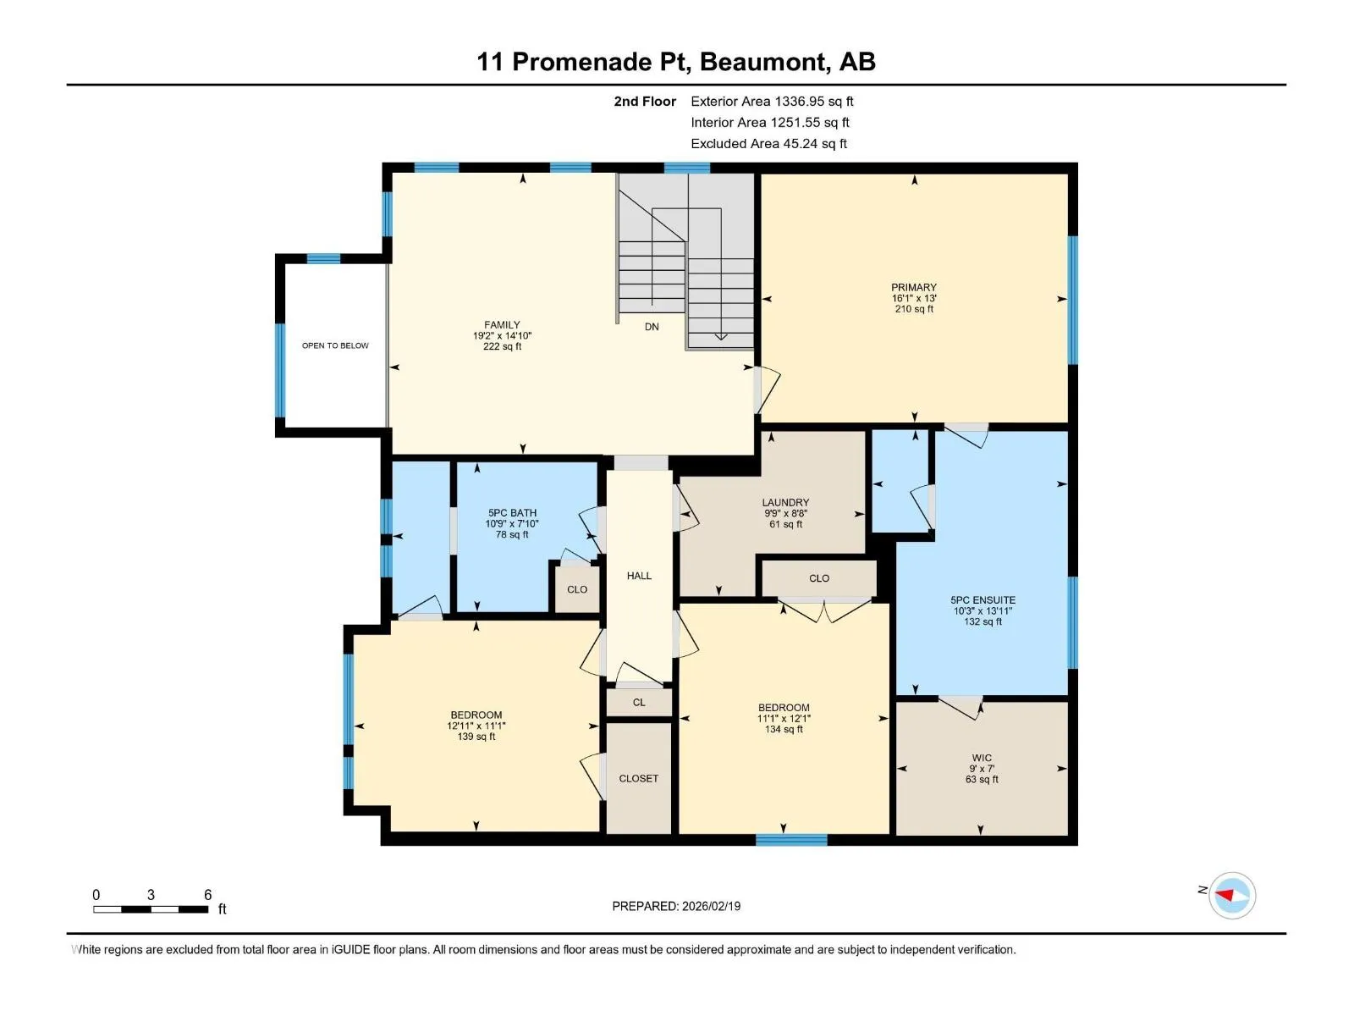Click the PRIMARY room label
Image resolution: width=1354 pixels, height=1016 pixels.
coord(914,288)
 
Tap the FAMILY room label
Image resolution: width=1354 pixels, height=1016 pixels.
coord(502,325)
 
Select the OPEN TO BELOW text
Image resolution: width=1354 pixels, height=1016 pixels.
coord(335,345)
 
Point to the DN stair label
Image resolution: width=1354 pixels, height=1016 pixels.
coord(652,327)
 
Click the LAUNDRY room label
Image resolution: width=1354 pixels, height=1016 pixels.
coord(785,503)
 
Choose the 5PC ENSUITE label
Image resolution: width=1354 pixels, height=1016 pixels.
coord(982,599)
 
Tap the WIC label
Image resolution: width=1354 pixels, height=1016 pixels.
coord(982,758)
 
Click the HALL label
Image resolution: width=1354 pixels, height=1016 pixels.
coord(639,576)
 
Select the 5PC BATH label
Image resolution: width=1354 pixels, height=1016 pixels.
coord(512,512)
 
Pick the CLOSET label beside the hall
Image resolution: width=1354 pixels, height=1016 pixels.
coord(638,778)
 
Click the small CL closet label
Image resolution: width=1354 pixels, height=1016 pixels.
coord(638,702)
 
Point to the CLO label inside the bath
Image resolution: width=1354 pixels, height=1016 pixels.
coord(577,590)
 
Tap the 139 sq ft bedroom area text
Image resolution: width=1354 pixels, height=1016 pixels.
coord(476,737)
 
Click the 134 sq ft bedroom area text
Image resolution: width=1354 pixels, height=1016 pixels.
coord(784,729)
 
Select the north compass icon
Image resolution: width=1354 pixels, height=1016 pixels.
coord(1232,895)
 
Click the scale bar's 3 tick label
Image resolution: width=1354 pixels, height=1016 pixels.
coord(151,894)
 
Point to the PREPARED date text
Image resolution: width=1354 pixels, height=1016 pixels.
coord(676,906)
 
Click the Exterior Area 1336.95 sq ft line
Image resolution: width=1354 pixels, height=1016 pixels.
coord(772,101)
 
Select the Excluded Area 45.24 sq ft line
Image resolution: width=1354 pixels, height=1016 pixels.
coord(768,144)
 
